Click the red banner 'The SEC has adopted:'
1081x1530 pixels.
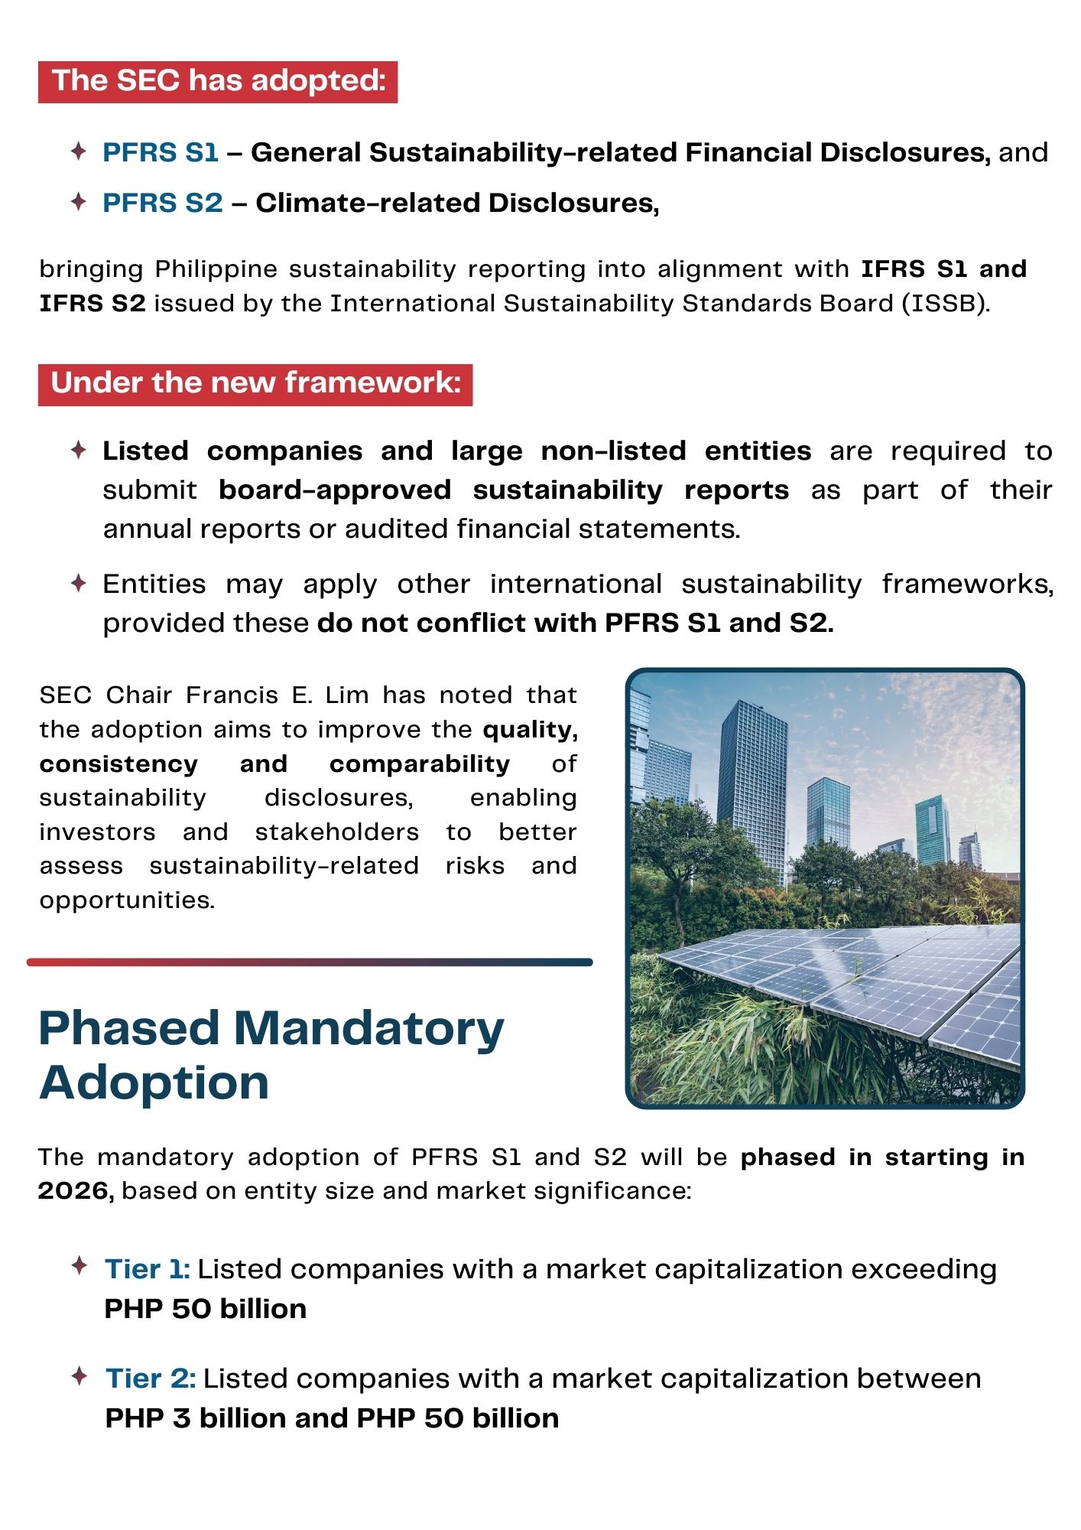pos(218,81)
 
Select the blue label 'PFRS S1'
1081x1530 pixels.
pos(161,152)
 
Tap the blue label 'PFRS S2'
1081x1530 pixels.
pos(163,203)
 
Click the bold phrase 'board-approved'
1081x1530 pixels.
pos(335,490)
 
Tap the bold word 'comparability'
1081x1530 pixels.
pos(420,763)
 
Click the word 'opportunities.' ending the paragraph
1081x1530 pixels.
pos(127,900)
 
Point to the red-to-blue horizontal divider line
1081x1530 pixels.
pos(310,962)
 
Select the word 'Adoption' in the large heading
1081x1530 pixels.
pos(154,1083)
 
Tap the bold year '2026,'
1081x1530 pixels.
pos(76,1191)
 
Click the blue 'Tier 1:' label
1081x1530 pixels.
pos(147,1269)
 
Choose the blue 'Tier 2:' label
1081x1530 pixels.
pos(151,1379)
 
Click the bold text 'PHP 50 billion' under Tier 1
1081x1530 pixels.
pos(205,1309)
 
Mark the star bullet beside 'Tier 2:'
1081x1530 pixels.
pos(79,1377)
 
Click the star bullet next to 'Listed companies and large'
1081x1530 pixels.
pos(78,450)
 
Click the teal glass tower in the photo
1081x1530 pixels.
pos(933,830)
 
